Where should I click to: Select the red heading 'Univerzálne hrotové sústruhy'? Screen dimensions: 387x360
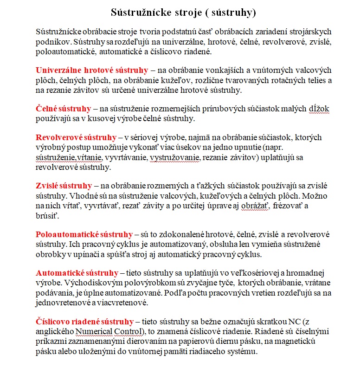click(92, 70)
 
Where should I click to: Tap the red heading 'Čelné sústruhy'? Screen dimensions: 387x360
click(64, 109)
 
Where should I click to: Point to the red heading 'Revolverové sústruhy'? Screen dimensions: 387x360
click(76, 137)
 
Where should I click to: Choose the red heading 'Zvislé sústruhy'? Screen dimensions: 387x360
click(64, 186)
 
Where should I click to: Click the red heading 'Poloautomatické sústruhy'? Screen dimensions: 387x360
click(84, 234)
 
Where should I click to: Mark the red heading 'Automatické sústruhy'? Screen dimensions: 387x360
click(77, 272)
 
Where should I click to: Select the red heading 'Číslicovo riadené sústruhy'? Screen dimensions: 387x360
click(84, 321)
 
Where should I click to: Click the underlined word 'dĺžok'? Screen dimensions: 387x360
click(319, 109)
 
